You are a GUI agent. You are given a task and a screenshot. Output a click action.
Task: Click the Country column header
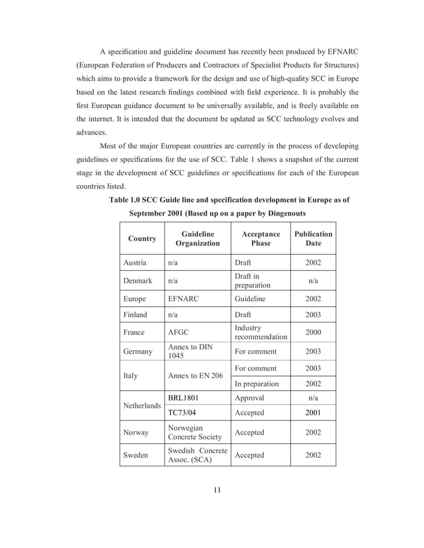click(x=142, y=239)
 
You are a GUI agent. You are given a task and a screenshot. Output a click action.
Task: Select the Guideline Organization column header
click(x=197, y=239)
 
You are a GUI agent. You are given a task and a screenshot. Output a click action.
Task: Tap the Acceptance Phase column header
click(x=261, y=239)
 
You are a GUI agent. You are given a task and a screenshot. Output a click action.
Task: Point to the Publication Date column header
click(x=313, y=239)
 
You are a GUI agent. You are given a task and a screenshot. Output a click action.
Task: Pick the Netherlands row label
click(x=142, y=405)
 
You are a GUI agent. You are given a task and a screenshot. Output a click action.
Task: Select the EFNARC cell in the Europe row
click(x=183, y=299)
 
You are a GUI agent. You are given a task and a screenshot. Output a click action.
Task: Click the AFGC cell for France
click(x=179, y=332)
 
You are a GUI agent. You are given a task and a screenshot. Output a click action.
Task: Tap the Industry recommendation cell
click(x=261, y=332)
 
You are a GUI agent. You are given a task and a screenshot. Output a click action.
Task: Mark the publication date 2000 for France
click(x=313, y=332)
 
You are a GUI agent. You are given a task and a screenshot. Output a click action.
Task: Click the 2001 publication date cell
click(x=313, y=413)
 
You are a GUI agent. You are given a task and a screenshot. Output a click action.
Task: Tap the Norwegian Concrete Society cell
click(x=195, y=433)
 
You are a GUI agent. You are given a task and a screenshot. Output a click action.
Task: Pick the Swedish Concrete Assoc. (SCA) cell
click(x=197, y=455)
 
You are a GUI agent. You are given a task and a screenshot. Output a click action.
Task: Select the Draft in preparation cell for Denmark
click(x=253, y=281)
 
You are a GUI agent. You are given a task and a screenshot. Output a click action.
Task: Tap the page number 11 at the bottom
click(x=217, y=490)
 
